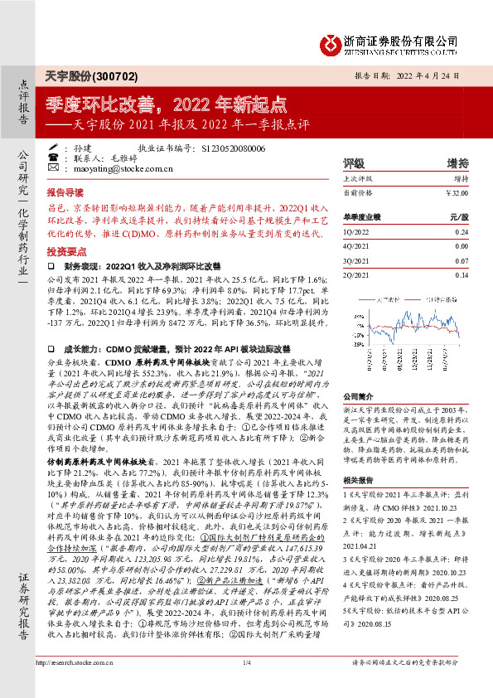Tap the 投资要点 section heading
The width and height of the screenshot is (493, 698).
(x=65, y=250)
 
